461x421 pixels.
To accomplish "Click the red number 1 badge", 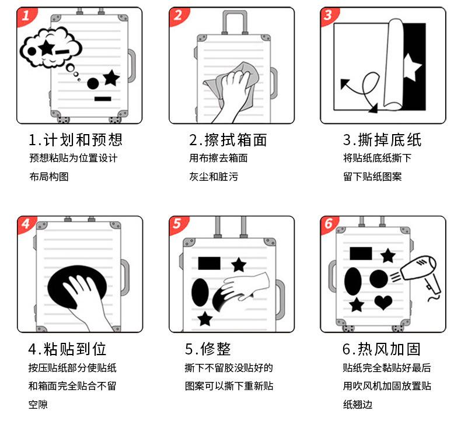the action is pyautogui.click(x=26, y=16).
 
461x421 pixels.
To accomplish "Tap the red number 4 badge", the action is pyautogui.click(x=26, y=224).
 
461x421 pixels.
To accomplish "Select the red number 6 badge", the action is pyautogui.click(x=329, y=224).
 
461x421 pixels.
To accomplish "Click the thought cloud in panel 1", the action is pyautogui.click(x=51, y=48).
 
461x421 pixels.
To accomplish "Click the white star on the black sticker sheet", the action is pyautogui.click(x=412, y=67).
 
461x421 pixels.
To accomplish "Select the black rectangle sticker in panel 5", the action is pyautogui.click(x=209, y=263).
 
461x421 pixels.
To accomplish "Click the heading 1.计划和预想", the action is pyautogui.click(x=75, y=140).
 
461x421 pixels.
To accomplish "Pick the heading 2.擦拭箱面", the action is pyautogui.click(x=228, y=140).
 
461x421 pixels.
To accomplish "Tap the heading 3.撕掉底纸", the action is pyautogui.click(x=382, y=140).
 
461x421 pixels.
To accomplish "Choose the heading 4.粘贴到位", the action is pyautogui.click(x=67, y=349).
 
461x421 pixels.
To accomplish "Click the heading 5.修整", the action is pyautogui.click(x=208, y=349).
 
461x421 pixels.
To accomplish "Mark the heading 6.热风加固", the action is pyautogui.click(x=381, y=349).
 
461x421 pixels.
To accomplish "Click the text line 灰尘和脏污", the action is pyautogui.click(x=214, y=177).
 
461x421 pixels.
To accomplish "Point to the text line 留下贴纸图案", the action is pyautogui.click(x=372, y=177).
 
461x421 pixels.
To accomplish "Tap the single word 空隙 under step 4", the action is pyautogui.click(x=38, y=405).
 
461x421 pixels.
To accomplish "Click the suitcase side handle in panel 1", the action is pyautogui.click(x=132, y=66).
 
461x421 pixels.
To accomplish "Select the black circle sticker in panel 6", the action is pyautogui.click(x=379, y=279).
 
